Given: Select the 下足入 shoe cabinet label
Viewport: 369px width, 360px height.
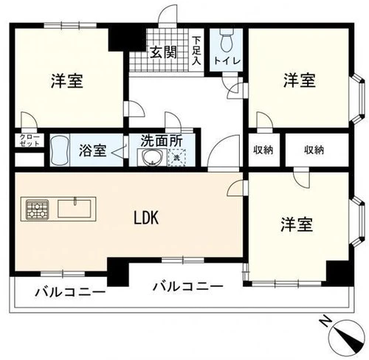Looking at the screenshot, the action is (196, 51).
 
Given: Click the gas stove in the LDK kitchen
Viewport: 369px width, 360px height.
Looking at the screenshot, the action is (38, 209).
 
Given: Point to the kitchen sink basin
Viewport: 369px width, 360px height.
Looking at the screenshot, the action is (75, 209).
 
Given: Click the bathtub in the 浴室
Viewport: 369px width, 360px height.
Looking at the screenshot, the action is (60, 150).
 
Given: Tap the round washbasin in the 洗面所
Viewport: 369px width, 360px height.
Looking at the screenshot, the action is (152, 157).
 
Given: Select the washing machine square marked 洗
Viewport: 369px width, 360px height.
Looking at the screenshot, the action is (177, 157).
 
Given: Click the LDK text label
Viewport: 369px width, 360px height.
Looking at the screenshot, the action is (146, 218).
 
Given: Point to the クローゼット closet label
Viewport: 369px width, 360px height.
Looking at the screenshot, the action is (30, 140).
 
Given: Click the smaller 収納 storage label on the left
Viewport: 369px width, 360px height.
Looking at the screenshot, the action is (263, 150).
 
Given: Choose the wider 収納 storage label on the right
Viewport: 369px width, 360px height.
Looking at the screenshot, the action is (314, 150).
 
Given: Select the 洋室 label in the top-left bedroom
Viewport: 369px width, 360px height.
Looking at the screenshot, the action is (67, 80).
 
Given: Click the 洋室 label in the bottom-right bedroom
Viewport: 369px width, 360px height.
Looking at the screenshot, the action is (297, 225).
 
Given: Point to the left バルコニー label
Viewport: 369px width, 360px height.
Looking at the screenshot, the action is (70, 292).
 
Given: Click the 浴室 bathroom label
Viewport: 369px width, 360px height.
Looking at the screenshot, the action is (92, 150).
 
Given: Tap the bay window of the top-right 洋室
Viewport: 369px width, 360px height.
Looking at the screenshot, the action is (358, 99).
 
